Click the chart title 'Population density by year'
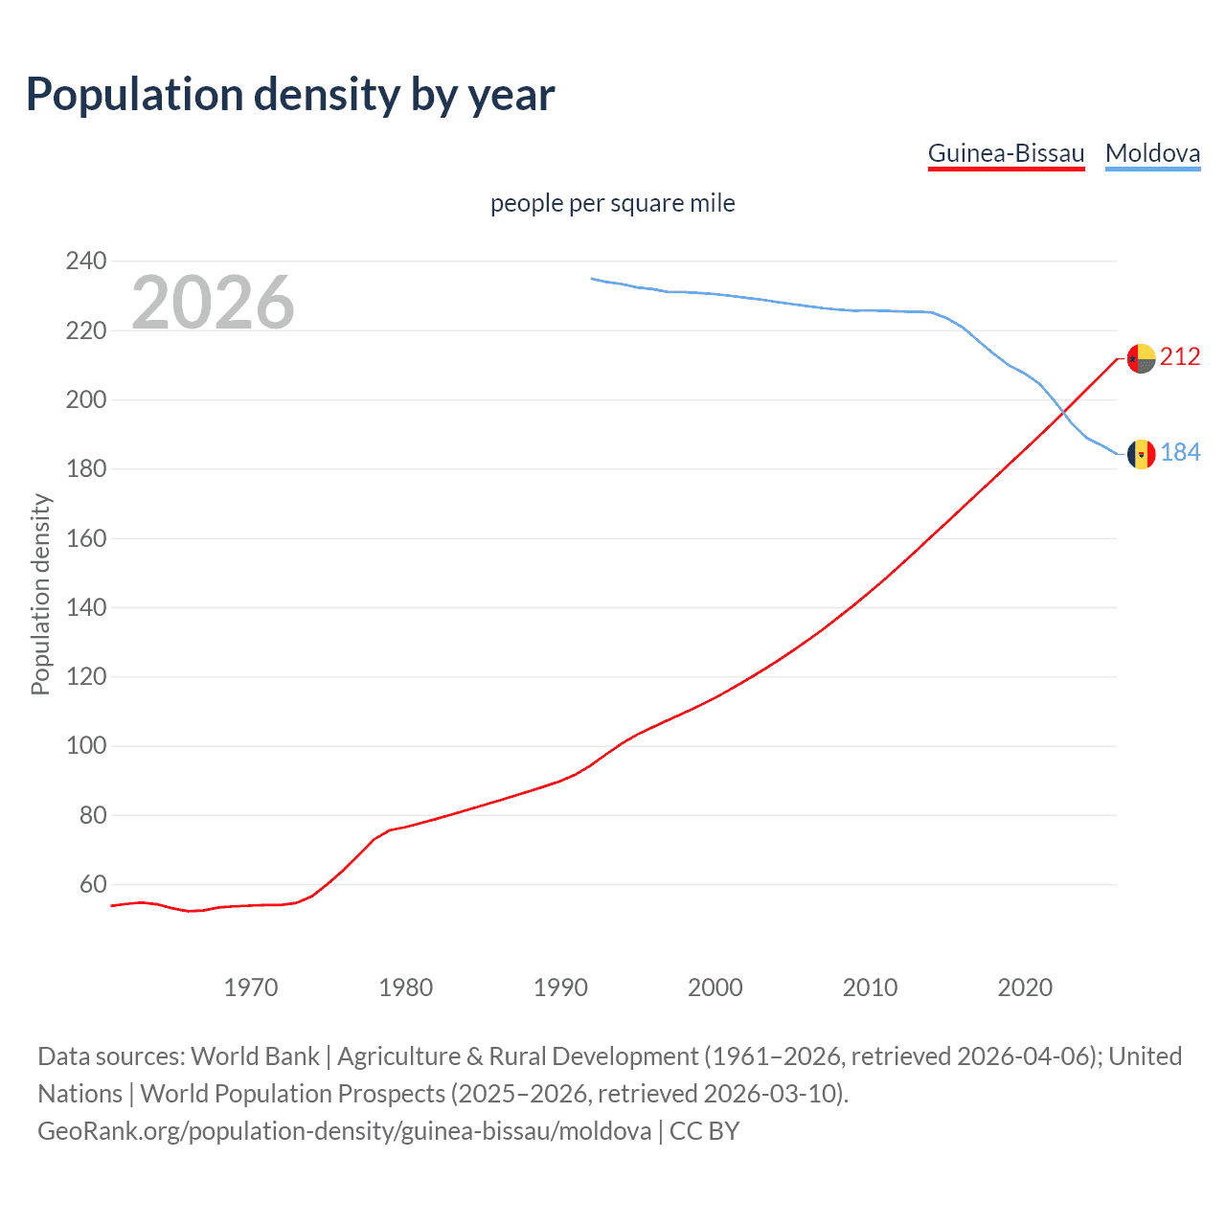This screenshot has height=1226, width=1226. pyautogui.click(x=290, y=95)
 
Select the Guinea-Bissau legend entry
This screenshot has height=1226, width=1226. pyautogui.click(x=1006, y=154)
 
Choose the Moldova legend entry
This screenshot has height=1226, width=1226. pyautogui.click(x=1152, y=154)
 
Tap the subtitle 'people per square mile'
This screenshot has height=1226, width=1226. pyautogui.click(x=612, y=204)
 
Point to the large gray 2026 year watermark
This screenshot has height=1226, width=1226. pyautogui.click(x=213, y=303)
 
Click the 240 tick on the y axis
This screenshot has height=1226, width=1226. pyautogui.click(x=86, y=261)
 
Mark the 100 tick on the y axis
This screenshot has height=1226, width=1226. pyautogui.click(x=86, y=746)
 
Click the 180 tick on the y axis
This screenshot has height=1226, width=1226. pyautogui.click(x=86, y=469)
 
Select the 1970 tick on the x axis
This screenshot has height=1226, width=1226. pyautogui.click(x=251, y=988)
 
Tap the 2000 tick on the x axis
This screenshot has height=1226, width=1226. pyautogui.click(x=715, y=988)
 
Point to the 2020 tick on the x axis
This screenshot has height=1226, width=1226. pyautogui.click(x=1025, y=988)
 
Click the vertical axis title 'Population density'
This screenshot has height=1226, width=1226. pyautogui.click(x=40, y=594)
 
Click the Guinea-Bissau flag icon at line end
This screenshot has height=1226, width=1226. pyautogui.click(x=1141, y=358)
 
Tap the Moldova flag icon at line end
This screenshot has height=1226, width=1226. pyautogui.click(x=1141, y=454)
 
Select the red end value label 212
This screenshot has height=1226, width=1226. pyautogui.click(x=1180, y=357)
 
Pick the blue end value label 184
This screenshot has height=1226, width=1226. pyautogui.click(x=1180, y=452)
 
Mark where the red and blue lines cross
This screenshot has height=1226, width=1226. pyautogui.click(x=1063, y=414)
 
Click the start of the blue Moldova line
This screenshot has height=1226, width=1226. pyautogui.click(x=592, y=279)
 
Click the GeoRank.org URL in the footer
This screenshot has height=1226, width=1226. pyautogui.click(x=345, y=1131)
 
